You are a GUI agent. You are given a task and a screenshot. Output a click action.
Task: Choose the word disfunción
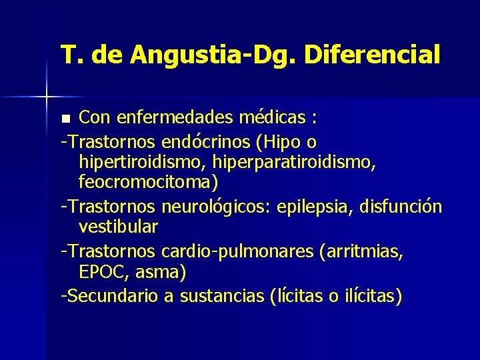tap(400, 206)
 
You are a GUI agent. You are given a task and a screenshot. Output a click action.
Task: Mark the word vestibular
tap(118, 227)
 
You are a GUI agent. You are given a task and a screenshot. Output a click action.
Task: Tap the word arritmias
tap(364, 251)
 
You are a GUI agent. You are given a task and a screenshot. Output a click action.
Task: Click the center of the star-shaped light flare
tap(46, 97)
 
